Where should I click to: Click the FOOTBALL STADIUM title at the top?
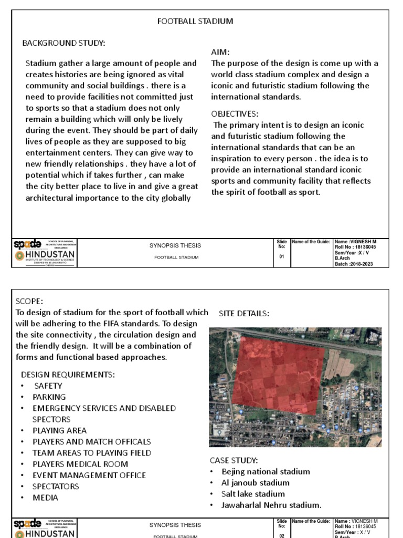coord(195,22)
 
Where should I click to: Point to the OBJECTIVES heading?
coord(235,114)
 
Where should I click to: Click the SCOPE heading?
coord(29,302)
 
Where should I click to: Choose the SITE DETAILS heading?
coord(244,314)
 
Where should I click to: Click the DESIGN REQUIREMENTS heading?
coord(68,375)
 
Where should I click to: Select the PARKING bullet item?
coord(49,397)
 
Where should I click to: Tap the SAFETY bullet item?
coord(48,386)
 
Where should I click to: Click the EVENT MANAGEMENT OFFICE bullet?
coord(89,475)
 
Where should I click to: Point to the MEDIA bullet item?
coord(45,498)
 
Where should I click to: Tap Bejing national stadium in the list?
coord(266,472)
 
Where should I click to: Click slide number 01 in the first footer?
coord(282,257)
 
